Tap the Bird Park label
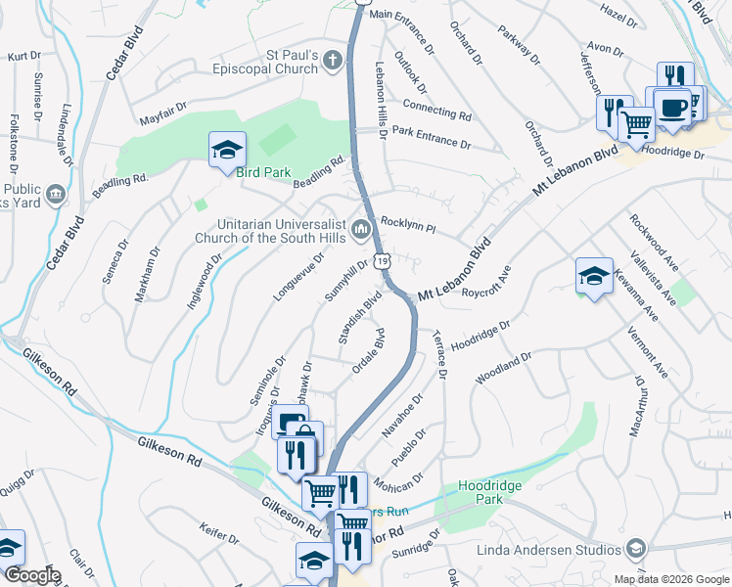[x=264, y=173]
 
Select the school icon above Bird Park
[x=227, y=150]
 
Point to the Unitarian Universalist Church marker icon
[x=361, y=231]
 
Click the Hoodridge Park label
[x=489, y=492]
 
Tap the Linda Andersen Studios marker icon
[x=635, y=550]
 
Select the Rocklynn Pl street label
[x=407, y=224]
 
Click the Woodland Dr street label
[x=502, y=368]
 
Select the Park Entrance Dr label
[x=431, y=136]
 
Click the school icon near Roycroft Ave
[x=594, y=276]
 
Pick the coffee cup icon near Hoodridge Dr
[x=671, y=107]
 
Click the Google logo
[x=32, y=575]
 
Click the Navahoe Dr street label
[x=404, y=414]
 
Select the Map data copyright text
[x=670, y=579]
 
